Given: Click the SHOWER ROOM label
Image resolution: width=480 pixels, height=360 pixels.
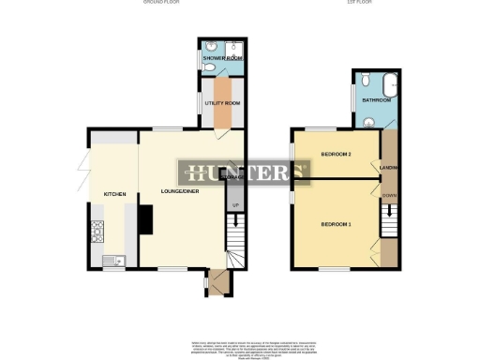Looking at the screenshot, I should [x=222, y=57].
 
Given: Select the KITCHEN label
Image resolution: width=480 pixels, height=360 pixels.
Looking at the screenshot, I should [x=114, y=194].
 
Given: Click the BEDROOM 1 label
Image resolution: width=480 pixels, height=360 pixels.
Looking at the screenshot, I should [x=336, y=224].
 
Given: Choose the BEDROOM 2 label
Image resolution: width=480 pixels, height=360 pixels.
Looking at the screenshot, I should [x=335, y=153].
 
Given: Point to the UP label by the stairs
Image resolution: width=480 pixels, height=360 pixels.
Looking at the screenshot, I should [x=235, y=205].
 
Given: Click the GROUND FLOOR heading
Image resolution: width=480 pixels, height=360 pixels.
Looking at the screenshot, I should [x=161, y=3].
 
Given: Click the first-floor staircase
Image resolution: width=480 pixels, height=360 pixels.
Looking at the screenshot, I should [x=386, y=225].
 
